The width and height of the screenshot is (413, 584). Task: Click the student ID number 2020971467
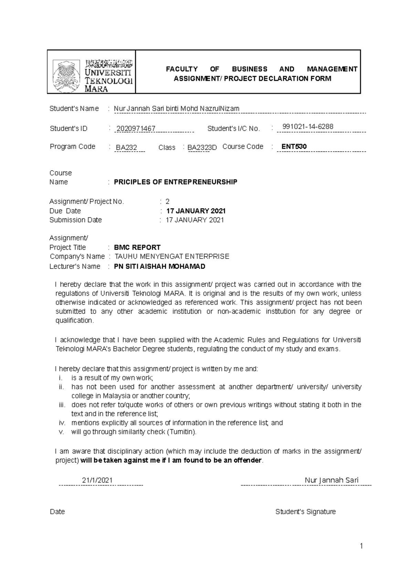pyautogui.click(x=136, y=129)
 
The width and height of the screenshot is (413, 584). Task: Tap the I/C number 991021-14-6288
pyautogui.click(x=308, y=127)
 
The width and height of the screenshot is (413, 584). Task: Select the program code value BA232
pyautogui.click(x=126, y=148)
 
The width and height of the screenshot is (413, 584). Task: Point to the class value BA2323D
pyautogui.click(x=202, y=148)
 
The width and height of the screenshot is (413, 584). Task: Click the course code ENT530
pyautogui.click(x=294, y=147)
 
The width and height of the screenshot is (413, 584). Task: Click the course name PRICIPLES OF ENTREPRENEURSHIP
pyautogui.click(x=176, y=182)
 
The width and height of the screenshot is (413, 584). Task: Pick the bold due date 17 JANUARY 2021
pyautogui.click(x=196, y=211)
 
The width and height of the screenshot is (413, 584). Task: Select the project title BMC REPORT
pyautogui.click(x=137, y=247)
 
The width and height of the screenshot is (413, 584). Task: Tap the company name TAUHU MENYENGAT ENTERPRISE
pyautogui.click(x=171, y=257)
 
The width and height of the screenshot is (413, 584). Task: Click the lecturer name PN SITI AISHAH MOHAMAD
pyautogui.click(x=159, y=267)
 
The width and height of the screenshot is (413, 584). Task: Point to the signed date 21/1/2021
pyautogui.click(x=97, y=480)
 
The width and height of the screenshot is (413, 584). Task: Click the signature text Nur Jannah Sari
pyautogui.click(x=331, y=480)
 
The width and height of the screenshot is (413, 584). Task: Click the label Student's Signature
pyautogui.click(x=305, y=512)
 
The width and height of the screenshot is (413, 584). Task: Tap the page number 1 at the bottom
pyautogui.click(x=361, y=546)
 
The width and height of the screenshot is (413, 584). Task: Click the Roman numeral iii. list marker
pyautogui.click(x=62, y=405)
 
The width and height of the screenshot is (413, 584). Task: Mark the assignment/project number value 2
pyautogui.click(x=168, y=202)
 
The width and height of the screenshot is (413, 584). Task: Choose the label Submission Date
pyautogui.click(x=75, y=220)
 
